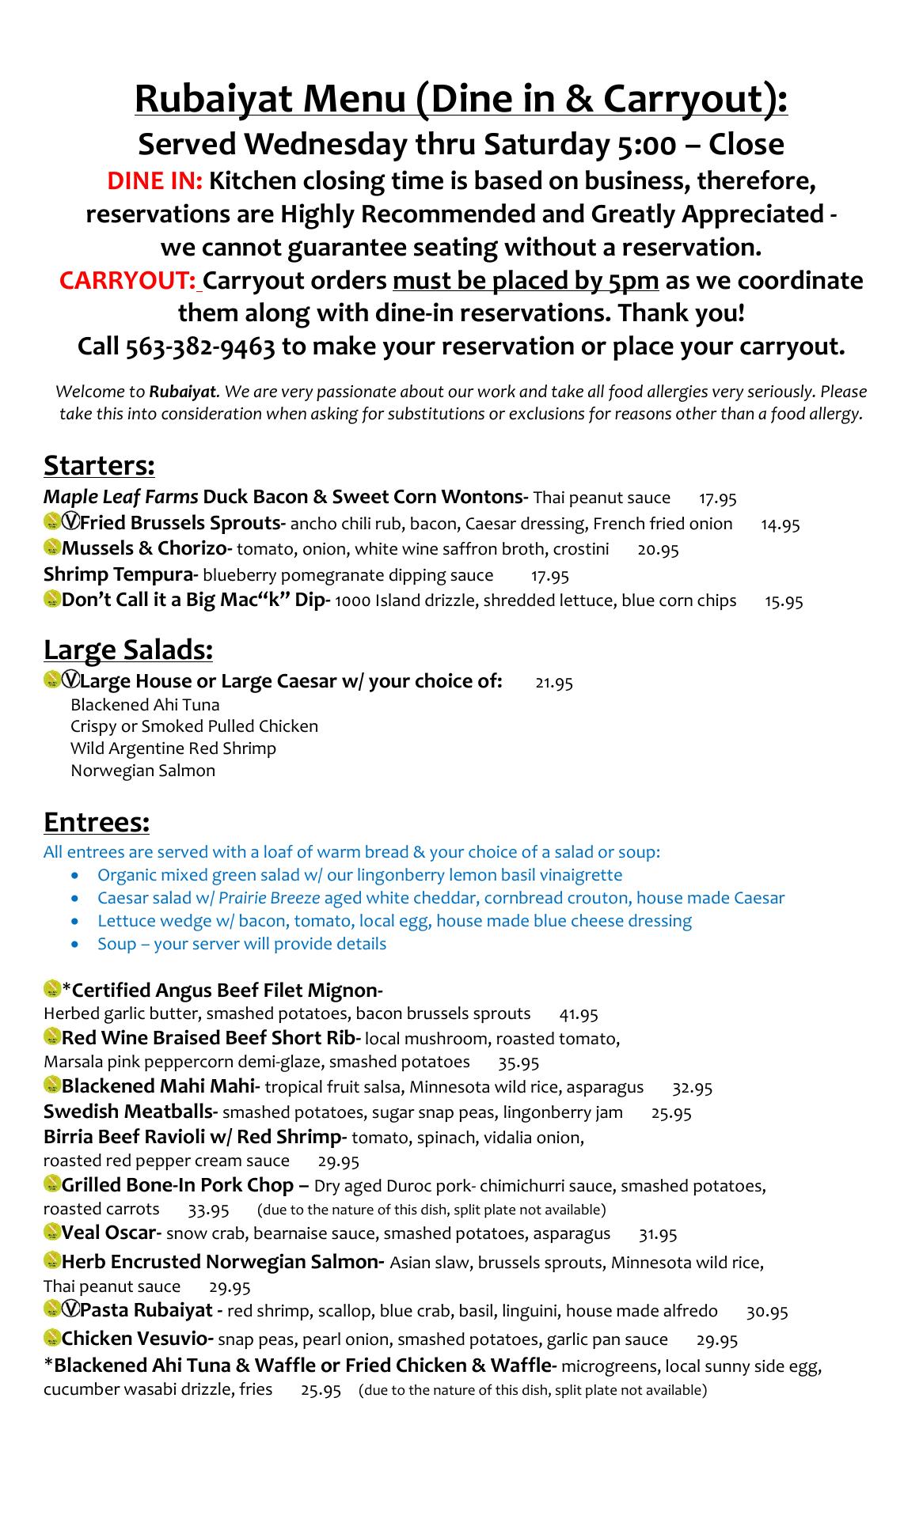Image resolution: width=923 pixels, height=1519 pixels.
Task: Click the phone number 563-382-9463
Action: pyautogui.click(x=200, y=347)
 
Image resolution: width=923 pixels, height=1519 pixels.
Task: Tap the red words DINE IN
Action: pyautogui.click(x=155, y=181)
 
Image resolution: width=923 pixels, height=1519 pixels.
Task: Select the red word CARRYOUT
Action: pyautogui.click(x=127, y=281)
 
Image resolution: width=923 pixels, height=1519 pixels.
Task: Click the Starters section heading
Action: pyautogui.click(x=99, y=465)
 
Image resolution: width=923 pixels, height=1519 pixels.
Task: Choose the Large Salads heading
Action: pyautogui.click(x=128, y=650)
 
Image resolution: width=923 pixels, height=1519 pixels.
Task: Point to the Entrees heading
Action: pyautogui.click(x=97, y=822)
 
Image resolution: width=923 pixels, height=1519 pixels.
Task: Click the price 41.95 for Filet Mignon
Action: pyautogui.click(x=579, y=1014)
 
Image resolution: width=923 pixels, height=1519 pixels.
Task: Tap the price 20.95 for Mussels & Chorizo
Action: pyautogui.click(x=658, y=550)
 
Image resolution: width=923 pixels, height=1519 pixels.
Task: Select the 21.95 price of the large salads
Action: pyautogui.click(x=554, y=682)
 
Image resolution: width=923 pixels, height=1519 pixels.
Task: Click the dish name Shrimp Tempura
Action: pyautogui.click(x=120, y=575)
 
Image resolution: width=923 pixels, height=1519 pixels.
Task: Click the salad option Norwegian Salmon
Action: pyautogui.click(x=142, y=771)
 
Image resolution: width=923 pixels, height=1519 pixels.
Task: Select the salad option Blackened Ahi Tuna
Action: pyautogui.click(x=145, y=705)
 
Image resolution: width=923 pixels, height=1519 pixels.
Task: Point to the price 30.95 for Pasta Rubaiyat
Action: pyautogui.click(x=767, y=1312)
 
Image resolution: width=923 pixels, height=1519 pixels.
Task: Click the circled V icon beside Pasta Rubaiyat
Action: pyautogui.click(x=70, y=1310)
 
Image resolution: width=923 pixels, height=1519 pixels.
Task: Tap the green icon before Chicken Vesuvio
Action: pyautogui.click(x=52, y=1339)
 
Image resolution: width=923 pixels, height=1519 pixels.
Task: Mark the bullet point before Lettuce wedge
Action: pyautogui.click(x=75, y=922)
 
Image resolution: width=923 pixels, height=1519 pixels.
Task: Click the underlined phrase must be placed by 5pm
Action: pyautogui.click(x=526, y=281)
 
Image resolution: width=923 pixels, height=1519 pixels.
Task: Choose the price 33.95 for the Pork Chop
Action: pyautogui.click(x=209, y=1210)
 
